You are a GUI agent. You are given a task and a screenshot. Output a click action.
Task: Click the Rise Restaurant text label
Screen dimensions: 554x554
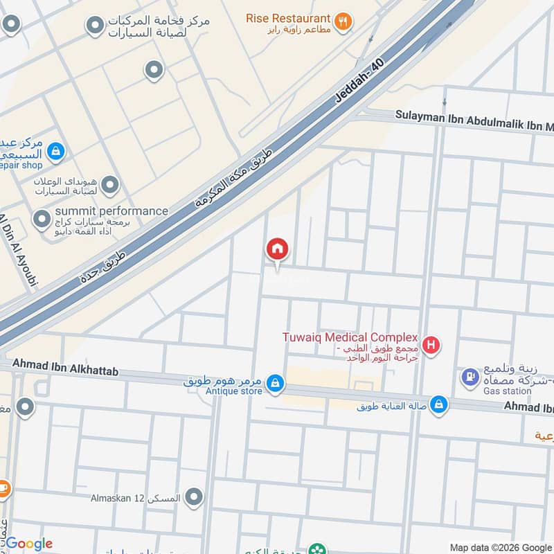(x=287, y=17)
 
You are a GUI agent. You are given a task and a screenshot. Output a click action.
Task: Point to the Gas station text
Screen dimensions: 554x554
(x=508, y=391)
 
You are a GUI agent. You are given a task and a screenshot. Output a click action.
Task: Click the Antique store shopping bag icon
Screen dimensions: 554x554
(x=276, y=383)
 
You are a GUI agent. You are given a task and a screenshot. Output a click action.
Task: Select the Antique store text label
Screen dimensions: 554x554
(x=234, y=391)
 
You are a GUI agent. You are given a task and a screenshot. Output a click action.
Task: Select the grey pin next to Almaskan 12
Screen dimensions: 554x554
(x=195, y=497)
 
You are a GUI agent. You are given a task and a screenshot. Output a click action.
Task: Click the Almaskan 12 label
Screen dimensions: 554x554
(x=136, y=498)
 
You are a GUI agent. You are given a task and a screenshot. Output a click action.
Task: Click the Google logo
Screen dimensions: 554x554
(x=29, y=544)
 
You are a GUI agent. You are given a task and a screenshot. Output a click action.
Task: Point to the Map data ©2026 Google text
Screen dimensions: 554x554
(x=501, y=547)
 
